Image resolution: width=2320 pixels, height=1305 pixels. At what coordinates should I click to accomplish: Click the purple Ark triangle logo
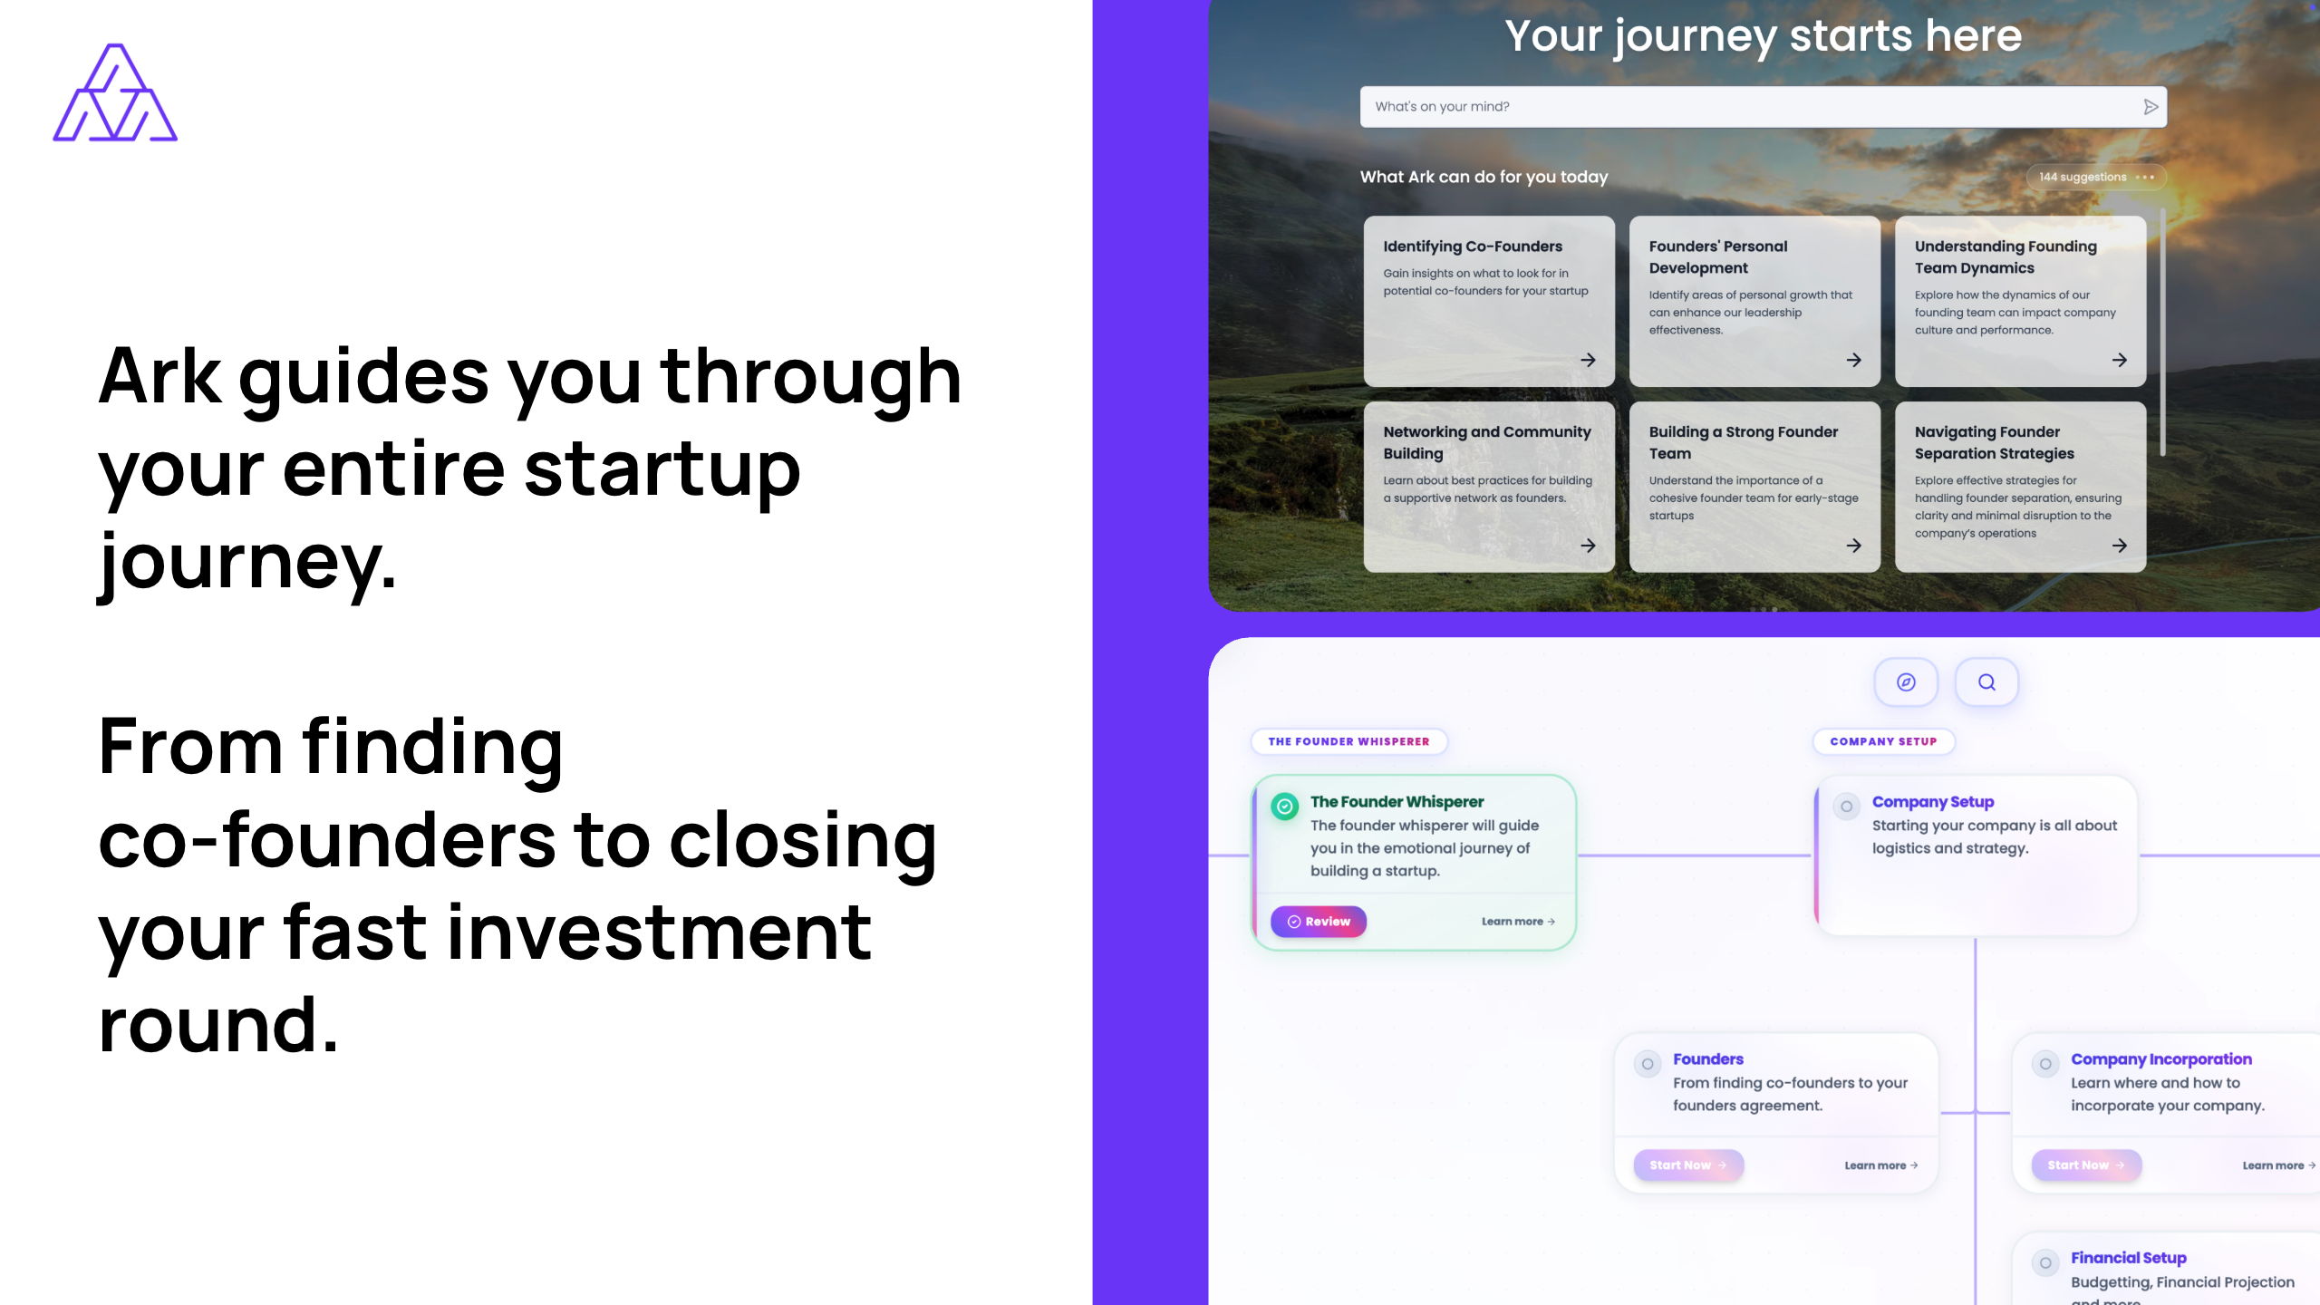(x=115, y=92)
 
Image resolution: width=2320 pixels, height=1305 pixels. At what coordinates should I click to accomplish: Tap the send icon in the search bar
(x=2151, y=107)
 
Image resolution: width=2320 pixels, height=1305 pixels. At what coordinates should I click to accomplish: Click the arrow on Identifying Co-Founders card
(x=1588, y=360)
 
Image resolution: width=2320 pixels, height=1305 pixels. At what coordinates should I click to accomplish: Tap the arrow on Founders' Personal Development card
(x=1853, y=360)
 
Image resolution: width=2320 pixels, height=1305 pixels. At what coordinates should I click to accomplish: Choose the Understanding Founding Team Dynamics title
(x=2006, y=257)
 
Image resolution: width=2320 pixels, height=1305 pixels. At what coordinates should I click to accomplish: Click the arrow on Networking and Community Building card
(x=1588, y=546)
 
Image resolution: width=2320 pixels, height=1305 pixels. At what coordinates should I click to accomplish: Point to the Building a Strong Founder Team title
(x=1744, y=443)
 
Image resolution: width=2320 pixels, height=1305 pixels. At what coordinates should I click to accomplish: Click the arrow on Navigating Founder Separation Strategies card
(x=2119, y=546)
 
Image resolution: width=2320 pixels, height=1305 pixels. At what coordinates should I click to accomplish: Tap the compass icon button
(x=1906, y=682)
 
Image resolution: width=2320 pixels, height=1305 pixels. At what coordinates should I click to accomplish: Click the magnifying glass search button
(x=1986, y=682)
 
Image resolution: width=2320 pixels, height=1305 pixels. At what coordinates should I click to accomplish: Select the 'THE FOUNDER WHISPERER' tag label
(x=1348, y=741)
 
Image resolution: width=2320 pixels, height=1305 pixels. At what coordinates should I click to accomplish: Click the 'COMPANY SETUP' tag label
(x=1883, y=741)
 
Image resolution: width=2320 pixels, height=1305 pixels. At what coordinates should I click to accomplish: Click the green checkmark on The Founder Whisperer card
(x=1284, y=806)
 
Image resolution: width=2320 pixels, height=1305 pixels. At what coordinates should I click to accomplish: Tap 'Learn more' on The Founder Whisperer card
(x=1518, y=922)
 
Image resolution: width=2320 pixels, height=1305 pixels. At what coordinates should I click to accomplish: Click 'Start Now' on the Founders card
(x=1687, y=1165)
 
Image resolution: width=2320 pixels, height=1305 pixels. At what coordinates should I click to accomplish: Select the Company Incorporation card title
(x=2160, y=1059)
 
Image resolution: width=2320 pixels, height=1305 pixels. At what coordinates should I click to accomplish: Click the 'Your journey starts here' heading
(x=1764, y=37)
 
